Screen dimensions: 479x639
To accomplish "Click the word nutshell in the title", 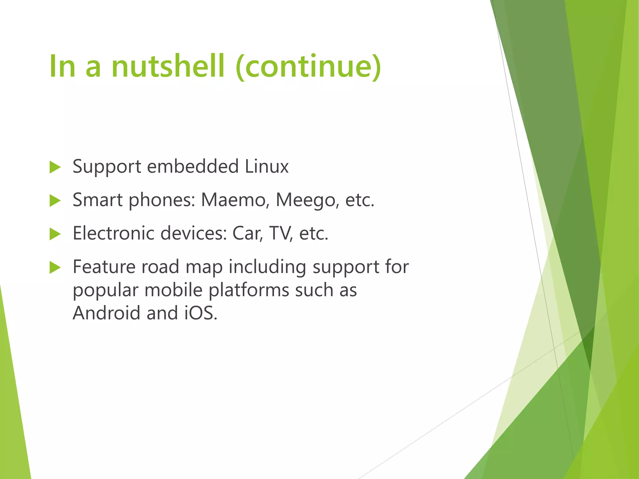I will (x=168, y=66).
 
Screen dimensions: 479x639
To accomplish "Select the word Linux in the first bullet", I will (x=266, y=166).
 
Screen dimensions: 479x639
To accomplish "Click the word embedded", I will (x=193, y=166).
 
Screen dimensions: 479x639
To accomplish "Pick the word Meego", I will (x=307, y=200).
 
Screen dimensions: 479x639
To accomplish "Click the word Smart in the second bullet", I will (x=97, y=200).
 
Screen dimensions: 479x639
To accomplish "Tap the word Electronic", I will (x=114, y=233).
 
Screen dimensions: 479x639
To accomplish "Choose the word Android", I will (x=106, y=313).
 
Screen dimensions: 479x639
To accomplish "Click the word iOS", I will (x=201, y=313).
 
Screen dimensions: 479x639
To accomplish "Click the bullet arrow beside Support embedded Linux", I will (x=55, y=167).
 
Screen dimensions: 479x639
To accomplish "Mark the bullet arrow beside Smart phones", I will (x=55, y=201).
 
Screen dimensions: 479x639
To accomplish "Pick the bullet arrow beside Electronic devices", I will (x=55, y=234).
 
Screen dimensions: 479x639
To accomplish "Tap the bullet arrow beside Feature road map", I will (x=55, y=268).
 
